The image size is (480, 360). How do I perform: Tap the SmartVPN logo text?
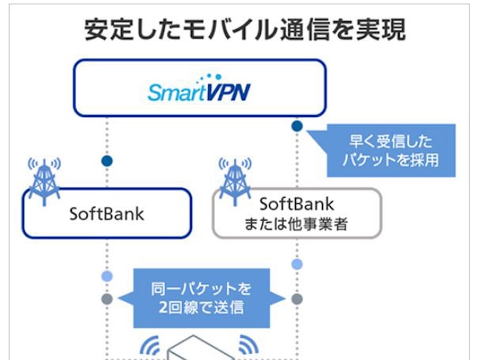199,92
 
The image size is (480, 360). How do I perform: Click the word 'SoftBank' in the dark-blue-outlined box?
107,213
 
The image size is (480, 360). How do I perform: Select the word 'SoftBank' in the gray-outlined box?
297,204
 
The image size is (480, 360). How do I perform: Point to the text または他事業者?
297,224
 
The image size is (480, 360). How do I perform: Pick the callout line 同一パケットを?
201,288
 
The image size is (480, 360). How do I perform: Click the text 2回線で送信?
201,307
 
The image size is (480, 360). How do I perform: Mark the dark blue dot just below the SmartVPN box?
297,126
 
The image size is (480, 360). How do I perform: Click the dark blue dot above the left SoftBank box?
107,161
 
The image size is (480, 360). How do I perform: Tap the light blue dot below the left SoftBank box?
107,277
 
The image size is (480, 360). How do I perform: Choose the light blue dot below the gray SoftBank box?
297,264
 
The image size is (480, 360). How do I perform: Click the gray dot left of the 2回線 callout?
107,299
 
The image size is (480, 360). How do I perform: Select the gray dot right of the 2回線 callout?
297,299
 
